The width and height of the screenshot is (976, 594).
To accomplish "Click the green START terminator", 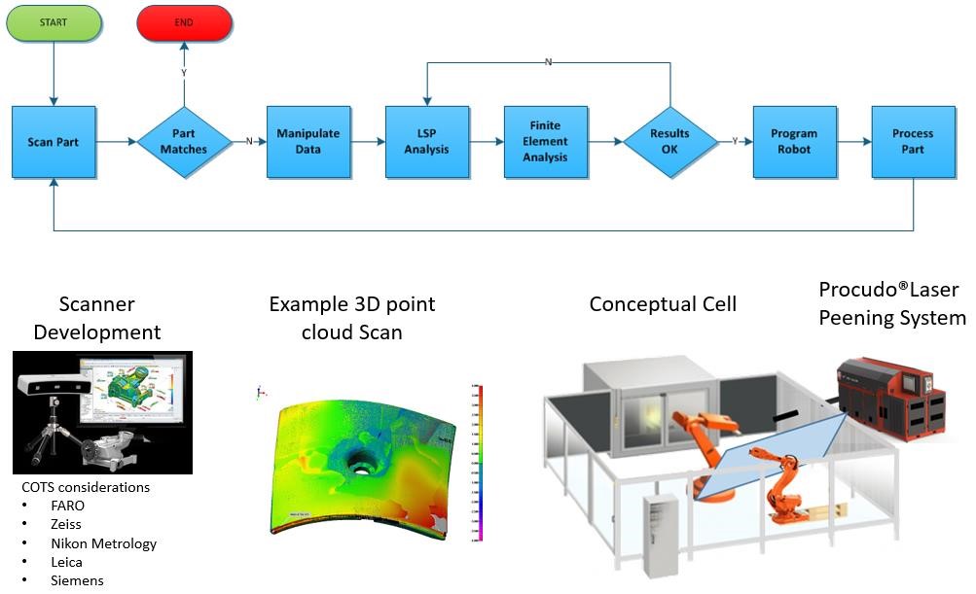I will [x=54, y=23].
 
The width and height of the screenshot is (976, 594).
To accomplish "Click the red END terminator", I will [x=184, y=23].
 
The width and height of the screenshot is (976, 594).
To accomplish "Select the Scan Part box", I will [x=54, y=142].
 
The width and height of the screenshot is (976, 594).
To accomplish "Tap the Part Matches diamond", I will [x=184, y=142].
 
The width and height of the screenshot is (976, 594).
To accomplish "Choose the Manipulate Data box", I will [x=307, y=142].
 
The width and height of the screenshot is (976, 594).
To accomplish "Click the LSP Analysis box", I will [x=426, y=142].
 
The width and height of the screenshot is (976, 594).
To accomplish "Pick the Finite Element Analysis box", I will [x=545, y=142].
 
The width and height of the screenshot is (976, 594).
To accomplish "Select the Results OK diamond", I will [x=669, y=142].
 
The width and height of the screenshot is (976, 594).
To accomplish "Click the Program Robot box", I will [x=794, y=142].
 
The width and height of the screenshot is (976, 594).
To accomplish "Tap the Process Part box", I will [x=913, y=142].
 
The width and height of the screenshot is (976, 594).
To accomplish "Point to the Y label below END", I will [x=184, y=73].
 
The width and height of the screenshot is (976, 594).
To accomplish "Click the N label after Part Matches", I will [x=249, y=142].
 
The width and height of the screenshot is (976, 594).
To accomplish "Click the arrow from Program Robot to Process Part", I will [x=853, y=142].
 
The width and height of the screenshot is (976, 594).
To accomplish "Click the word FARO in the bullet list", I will [x=67, y=506].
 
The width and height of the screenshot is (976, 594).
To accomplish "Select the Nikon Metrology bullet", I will [x=103, y=543].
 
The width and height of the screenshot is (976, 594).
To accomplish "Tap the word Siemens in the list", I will [x=76, y=580].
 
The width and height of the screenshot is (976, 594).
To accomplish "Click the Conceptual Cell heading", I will [x=663, y=304].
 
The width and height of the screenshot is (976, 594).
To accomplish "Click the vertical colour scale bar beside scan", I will [x=480, y=462].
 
